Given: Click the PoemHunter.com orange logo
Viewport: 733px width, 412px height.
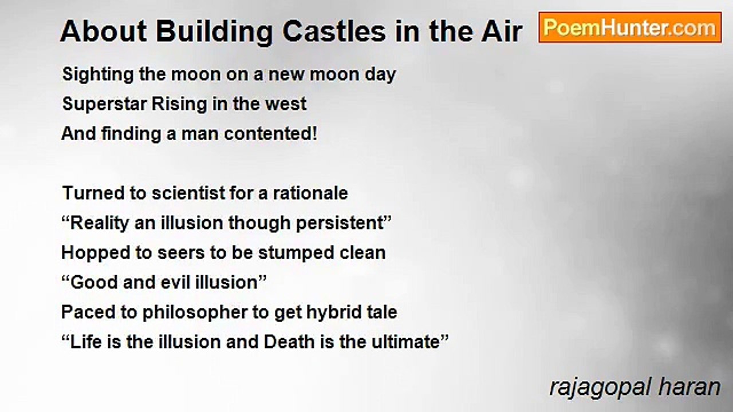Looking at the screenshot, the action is (x=630, y=27).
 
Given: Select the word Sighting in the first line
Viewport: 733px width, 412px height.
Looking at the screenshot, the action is (x=98, y=75).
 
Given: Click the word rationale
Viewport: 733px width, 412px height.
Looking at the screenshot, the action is (x=310, y=193).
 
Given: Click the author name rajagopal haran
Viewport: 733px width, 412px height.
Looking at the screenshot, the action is (x=635, y=388).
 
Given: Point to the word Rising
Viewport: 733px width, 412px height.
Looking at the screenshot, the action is (x=179, y=105).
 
